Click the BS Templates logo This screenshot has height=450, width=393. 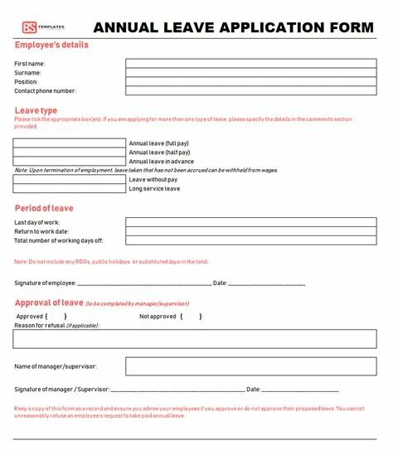40,27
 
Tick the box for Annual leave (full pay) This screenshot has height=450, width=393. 69,143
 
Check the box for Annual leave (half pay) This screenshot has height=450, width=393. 69,152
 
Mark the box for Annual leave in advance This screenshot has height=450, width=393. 69,161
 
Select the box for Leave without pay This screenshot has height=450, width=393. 69,179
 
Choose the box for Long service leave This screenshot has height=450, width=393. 69,188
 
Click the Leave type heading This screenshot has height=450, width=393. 36,110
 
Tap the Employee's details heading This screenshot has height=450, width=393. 51,45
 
